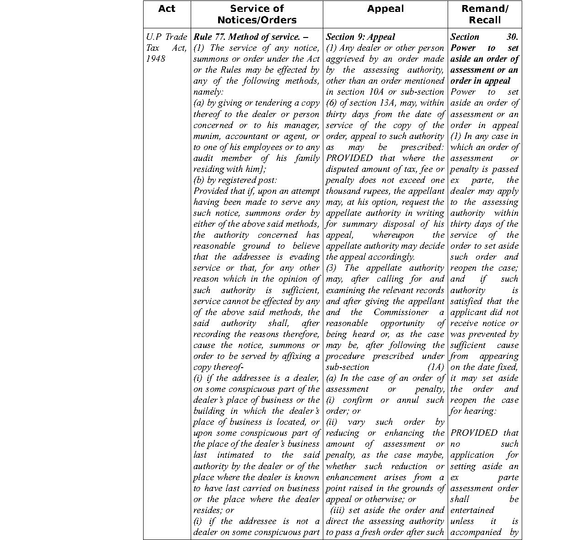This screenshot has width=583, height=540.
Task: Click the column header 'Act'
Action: point(166,9)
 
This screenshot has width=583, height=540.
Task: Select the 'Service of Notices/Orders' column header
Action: point(257,14)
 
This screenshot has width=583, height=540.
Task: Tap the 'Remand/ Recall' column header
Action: point(485,14)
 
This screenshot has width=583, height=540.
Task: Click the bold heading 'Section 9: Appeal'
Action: point(360,37)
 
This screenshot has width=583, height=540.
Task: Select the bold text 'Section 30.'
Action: point(484,37)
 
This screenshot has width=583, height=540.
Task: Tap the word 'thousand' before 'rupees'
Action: point(342,191)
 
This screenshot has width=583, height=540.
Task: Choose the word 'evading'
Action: point(305,257)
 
